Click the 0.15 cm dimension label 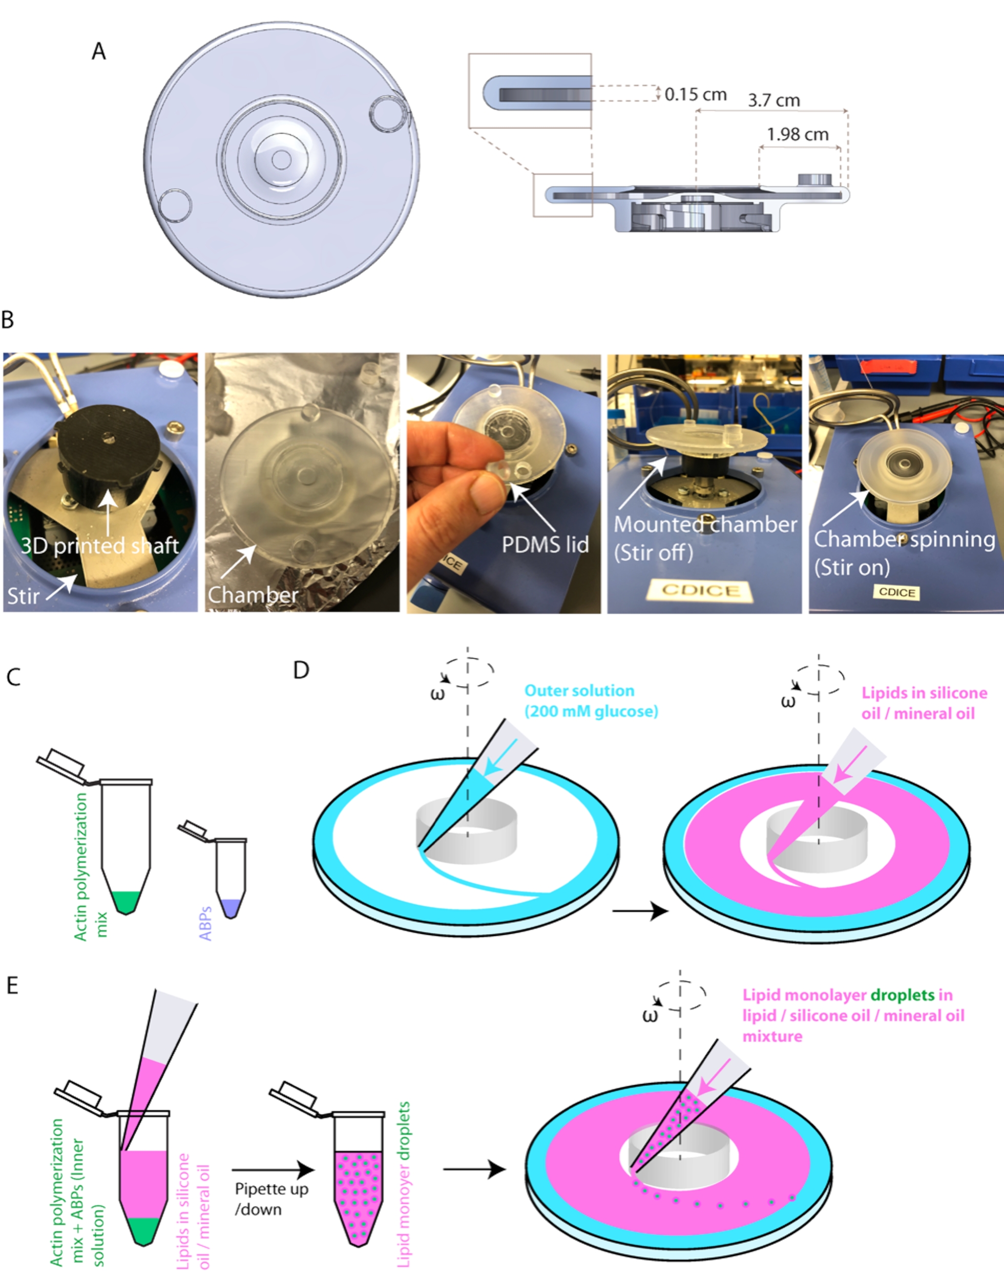point(696,95)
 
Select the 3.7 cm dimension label point(773,100)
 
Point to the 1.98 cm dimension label point(798,135)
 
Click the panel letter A point(99,52)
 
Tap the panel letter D point(301,670)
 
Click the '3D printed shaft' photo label point(100,546)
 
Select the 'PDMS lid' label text point(545,545)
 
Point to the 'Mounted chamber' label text point(705,525)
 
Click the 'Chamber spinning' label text point(904,539)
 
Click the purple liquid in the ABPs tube point(230,908)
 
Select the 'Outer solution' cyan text point(579,691)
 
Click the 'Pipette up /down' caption point(271,1199)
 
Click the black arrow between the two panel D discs point(640,911)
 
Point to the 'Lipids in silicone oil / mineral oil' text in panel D point(924,703)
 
